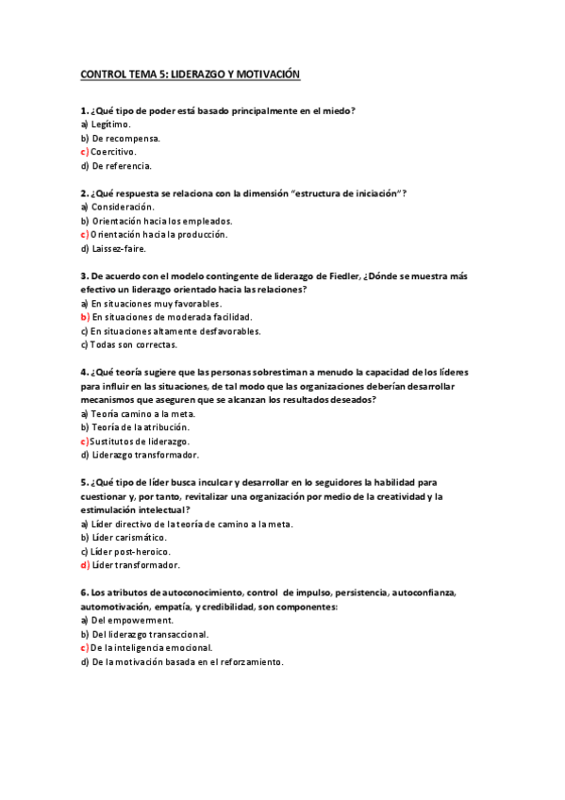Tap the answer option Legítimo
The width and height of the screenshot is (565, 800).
(x=110, y=124)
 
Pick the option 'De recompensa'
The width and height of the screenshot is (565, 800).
(x=125, y=138)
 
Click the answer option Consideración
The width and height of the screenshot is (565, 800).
(x=123, y=207)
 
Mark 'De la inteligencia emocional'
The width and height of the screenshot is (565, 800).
(x=151, y=648)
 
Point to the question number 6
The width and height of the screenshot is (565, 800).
(x=84, y=592)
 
